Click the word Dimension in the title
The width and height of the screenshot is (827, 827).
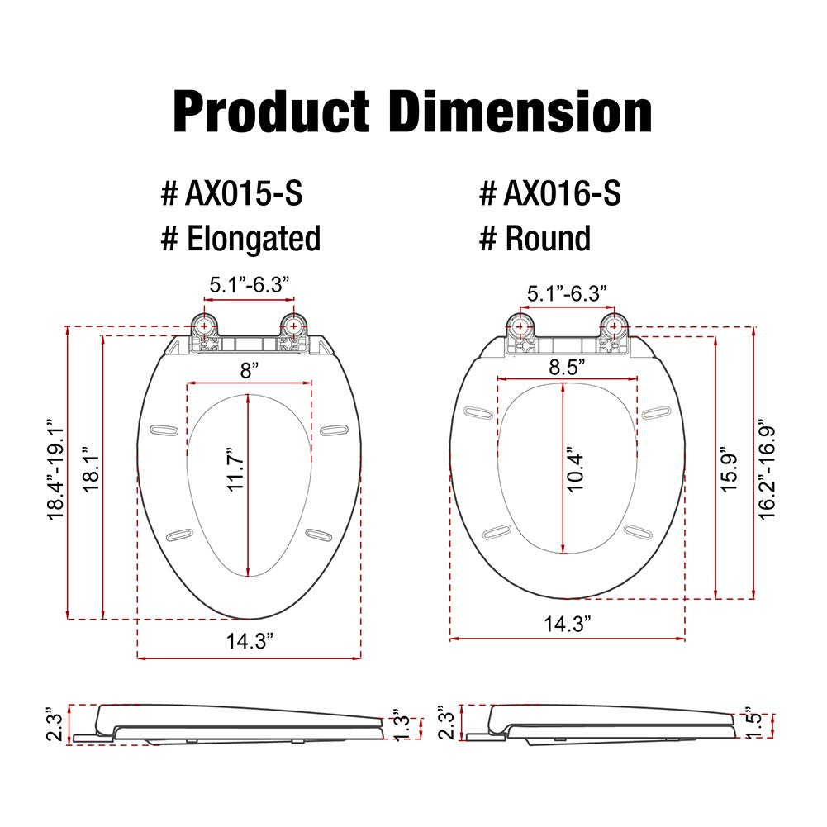pyautogui.click(x=520, y=112)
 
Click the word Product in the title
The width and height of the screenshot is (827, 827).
pyautogui.click(x=271, y=112)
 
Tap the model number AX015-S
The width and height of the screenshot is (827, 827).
pyautogui.click(x=244, y=193)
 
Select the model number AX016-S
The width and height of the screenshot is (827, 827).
pyautogui.click(x=563, y=193)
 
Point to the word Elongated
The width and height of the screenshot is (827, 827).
pyautogui.click(x=254, y=239)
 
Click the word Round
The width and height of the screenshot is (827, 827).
pyautogui.click(x=548, y=239)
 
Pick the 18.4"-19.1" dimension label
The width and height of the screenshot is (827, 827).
pyautogui.click(x=55, y=470)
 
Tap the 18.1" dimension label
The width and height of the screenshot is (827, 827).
pyautogui.click(x=91, y=469)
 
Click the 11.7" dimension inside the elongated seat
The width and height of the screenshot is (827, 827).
pyautogui.click(x=235, y=469)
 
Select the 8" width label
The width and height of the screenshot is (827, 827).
pyautogui.click(x=250, y=370)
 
